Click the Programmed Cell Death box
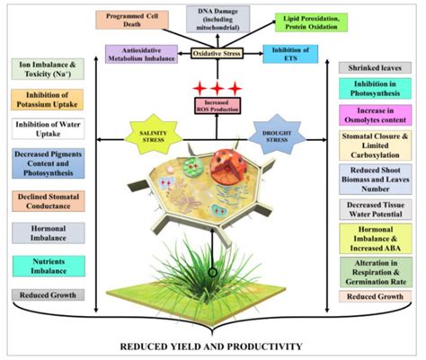(x=136, y=21)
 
